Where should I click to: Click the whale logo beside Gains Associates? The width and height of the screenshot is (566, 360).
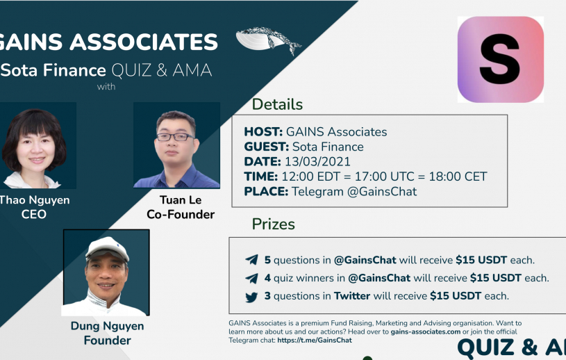click(x=268, y=40)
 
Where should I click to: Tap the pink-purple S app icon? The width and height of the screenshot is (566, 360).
click(x=500, y=59)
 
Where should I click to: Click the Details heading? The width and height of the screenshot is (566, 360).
click(x=277, y=104)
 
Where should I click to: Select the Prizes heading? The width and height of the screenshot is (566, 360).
click(x=273, y=224)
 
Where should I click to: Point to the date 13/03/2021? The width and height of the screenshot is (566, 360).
click(x=317, y=161)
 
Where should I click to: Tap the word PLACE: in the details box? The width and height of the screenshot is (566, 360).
click(x=266, y=191)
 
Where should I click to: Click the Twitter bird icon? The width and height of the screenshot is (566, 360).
click(x=251, y=297)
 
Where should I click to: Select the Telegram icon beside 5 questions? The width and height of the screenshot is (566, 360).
click(x=251, y=260)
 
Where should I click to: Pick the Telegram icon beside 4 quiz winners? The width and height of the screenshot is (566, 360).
click(x=251, y=278)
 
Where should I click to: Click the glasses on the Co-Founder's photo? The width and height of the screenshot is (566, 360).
click(x=176, y=137)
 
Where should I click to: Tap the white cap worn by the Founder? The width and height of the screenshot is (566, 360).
click(x=107, y=248)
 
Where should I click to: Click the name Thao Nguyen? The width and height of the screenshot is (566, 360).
click(x=35, y=200)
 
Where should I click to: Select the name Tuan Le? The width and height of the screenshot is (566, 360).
click(x=181, y=200)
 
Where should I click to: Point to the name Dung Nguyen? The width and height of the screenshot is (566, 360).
click(x=107, y=327)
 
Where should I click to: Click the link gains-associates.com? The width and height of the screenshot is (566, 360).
click(x=426, y=332)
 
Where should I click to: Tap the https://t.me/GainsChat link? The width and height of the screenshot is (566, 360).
click(x=315, y=340)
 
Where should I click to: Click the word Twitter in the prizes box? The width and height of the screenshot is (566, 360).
click(x=352, y=296)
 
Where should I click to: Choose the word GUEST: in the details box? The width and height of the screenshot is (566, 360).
click(x=267, y=147)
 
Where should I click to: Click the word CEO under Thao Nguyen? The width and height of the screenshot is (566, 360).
click(x=34, y=215)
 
